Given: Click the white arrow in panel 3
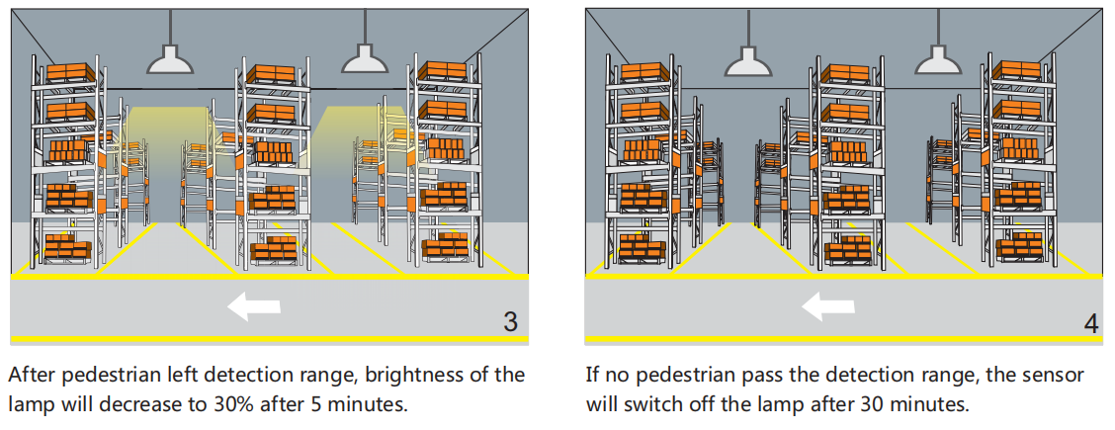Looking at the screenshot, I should (x=253, y=307).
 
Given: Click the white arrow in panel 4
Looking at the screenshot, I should (x=827, y=307).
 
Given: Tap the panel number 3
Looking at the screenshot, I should (x=510, y=321).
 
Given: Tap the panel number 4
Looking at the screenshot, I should (x=1090, y=321).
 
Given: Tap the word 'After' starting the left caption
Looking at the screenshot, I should (x=30, y=376).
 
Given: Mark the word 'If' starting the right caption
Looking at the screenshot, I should (x=592, y=376).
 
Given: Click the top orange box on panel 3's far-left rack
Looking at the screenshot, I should (x=70, y=72).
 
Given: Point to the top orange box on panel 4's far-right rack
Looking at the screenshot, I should (x=1018, y=70).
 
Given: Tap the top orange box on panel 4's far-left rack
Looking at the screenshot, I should (x=643, y=72).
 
